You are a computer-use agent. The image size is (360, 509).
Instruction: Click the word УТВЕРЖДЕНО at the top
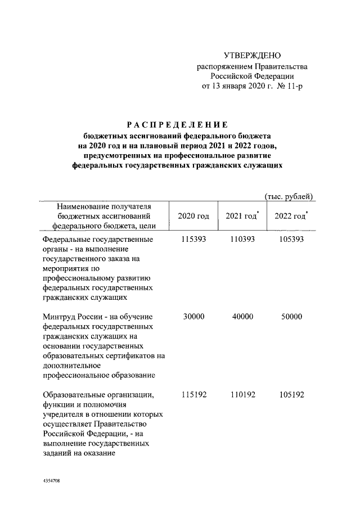pos(252,55)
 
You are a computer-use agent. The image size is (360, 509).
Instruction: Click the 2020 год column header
pos(193,217)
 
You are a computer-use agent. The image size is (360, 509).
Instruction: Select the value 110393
pos(243,240)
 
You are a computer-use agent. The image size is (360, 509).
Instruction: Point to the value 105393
pos(291,240)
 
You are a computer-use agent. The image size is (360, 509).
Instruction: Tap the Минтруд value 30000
pos(194,317)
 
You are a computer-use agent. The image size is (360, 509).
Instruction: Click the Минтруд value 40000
pos(243,317)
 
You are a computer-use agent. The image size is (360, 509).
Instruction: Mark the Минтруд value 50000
pos(291,317)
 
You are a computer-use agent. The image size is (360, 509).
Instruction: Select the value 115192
pos(194,395)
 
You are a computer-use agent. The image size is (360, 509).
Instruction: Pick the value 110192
pos(243,395)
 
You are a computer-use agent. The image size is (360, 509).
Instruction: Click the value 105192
pos(291,395)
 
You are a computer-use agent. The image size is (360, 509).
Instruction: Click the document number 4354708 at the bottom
pos(51,482)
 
